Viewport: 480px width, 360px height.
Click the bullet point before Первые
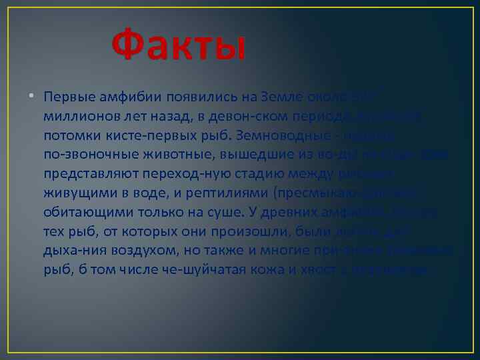point(31,97)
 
